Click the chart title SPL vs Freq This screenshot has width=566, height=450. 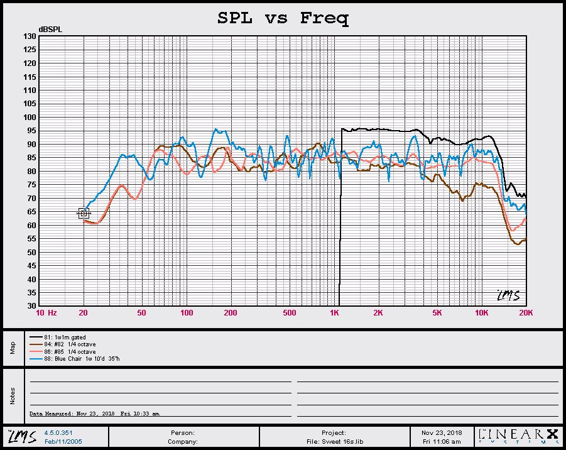point(283,18)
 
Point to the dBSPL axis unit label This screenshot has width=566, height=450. point(50,30)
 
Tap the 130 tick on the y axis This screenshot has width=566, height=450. point(30,36)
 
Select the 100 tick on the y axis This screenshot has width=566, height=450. point(30,118)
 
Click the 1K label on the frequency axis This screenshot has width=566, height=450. point(335,313)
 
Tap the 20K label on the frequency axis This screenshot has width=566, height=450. point(526,313)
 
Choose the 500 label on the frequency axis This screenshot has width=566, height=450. point(290,313)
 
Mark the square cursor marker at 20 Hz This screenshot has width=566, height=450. point(84,213)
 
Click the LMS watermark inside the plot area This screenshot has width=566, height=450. point(508,295)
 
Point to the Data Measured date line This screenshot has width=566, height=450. point(94,414)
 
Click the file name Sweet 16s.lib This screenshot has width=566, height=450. point(335,442)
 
